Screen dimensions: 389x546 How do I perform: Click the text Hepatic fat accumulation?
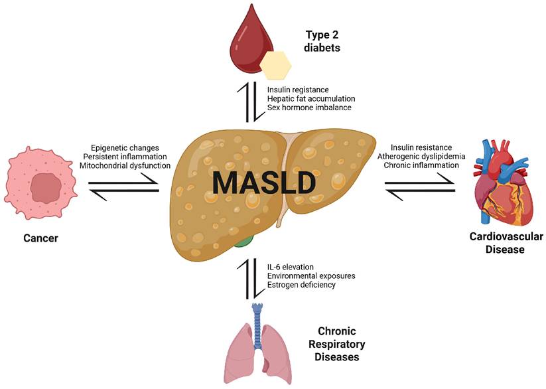pos(309,98)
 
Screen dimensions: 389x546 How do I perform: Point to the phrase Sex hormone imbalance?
pos(306,107)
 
